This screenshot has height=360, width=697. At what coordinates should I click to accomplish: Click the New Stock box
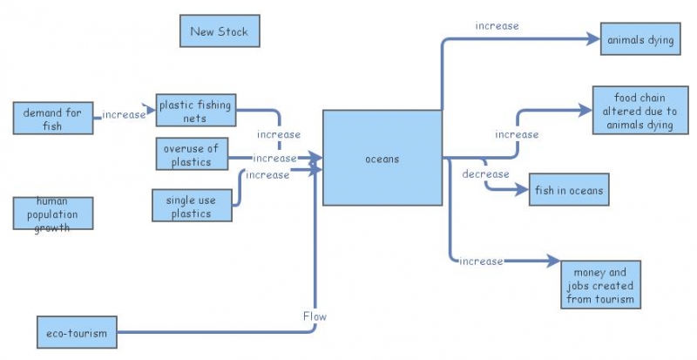[x=220, y=31]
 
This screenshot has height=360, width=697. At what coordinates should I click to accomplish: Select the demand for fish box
[x=52, y=118]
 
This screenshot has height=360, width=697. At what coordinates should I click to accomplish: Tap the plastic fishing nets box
[x=195, y=111]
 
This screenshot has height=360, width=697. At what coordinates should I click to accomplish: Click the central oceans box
[x=382, y=158]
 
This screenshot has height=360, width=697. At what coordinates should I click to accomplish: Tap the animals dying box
[x=640, y=39]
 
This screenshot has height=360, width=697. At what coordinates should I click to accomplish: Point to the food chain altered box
[x=639, y=112]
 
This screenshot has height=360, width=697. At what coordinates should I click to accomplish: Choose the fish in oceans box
[x=569, y=189]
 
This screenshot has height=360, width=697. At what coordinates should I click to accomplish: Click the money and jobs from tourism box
[x=604, y=284]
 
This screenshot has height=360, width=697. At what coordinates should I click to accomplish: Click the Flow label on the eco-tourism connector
[x=315, y=316]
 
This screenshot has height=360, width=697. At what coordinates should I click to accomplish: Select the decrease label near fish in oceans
[x=485, y=174]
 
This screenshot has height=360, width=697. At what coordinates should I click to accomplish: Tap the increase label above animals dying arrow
[x=497, y=26]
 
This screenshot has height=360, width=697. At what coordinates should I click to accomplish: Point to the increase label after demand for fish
[x=124, y=114]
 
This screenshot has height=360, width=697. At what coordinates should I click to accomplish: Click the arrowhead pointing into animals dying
[x=593, y=39]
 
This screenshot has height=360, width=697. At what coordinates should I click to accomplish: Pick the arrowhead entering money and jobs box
[x=552, y=261]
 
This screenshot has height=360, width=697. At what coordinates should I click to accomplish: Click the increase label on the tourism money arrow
[x=481, y=261]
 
